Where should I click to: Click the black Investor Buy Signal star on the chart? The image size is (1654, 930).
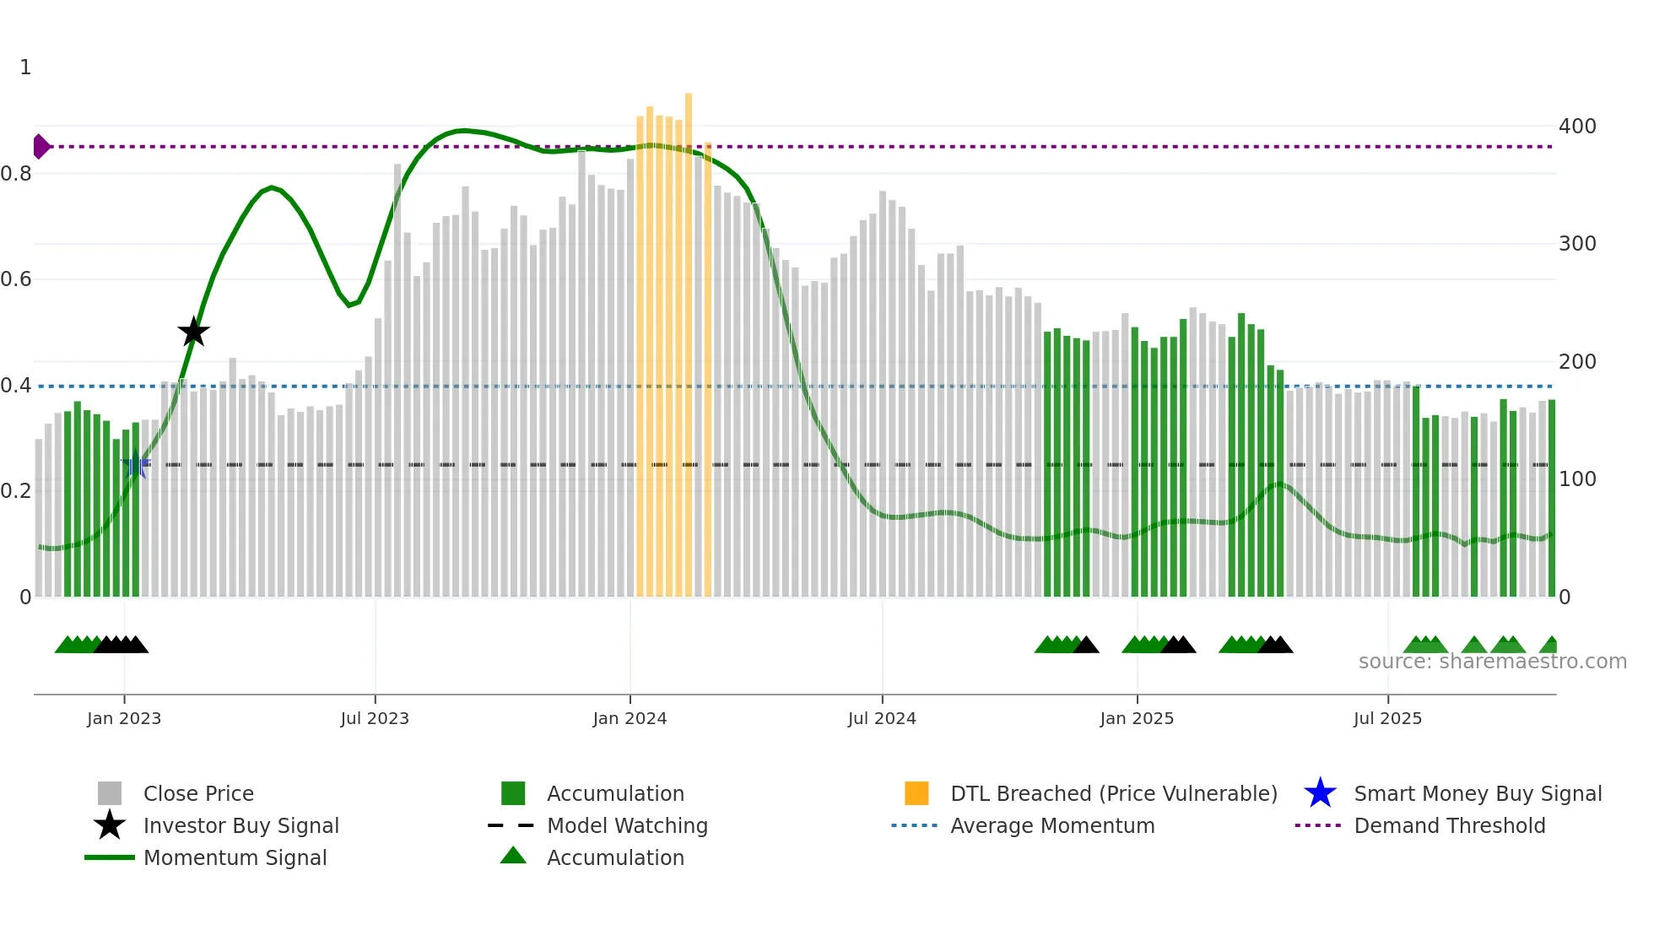[x=193, y=333]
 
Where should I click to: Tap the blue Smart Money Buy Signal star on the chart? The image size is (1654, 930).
[x=135, y=464]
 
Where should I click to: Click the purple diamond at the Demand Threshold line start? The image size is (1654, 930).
[x=41, y=147]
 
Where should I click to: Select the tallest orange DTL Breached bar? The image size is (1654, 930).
[x=689, y=338]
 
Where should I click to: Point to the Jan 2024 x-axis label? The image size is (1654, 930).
[x=630, y=719]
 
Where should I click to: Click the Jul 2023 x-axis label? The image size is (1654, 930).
[x=375, y=719]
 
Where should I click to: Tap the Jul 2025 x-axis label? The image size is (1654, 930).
[x=1387, y=719]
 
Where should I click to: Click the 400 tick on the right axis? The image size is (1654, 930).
[x=1577, y=127]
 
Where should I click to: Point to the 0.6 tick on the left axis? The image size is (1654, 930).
[x=16, y=279]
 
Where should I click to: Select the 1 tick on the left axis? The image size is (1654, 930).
[x=25, y=68]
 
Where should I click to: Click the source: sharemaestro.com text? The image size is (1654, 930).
[x=1492, y=662]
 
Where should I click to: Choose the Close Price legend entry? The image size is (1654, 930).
[x=197, y=794]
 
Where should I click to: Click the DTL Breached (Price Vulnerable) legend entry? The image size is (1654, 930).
[x=1113, y=794]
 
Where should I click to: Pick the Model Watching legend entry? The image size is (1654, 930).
[x=626, y=826]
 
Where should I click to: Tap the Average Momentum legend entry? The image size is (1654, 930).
[x=1051, y=826]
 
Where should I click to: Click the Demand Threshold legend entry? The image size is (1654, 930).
[x=1449, y=826]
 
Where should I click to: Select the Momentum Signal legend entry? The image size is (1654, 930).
[x=234, y=858]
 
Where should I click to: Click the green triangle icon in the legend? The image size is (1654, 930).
[x=513, y=856]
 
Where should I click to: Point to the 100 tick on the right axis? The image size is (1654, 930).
[x=1577, y=479]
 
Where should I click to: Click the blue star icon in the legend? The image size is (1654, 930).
[x=1320, y=793]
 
